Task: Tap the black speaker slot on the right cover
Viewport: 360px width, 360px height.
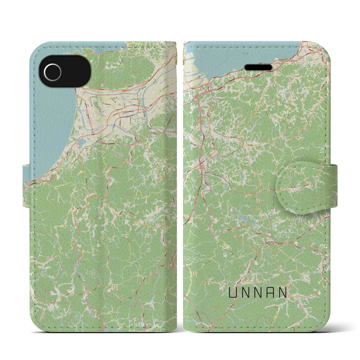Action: pyautogui.click(x=259, y=67)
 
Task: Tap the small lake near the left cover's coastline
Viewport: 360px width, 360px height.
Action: pyautogui.click(x=80, y=141)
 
